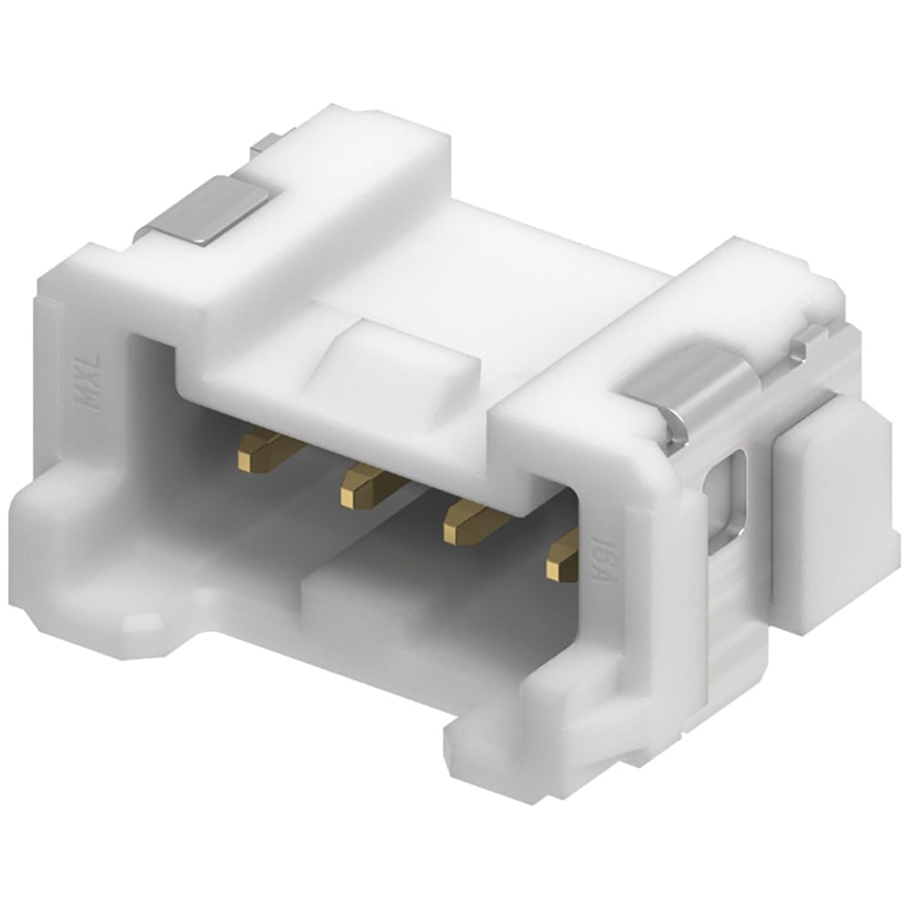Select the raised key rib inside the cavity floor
[x=383, y=601]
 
